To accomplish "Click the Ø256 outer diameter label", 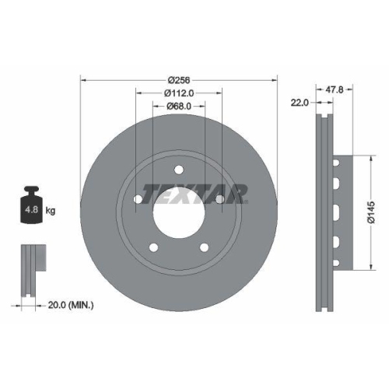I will [x=179, y=79].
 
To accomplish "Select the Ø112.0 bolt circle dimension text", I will [x=179, y=93].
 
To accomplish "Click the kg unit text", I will [x=51, y=210].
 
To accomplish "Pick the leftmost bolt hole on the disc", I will [x=138, y=201].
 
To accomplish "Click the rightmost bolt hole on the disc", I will [x=220, y=201].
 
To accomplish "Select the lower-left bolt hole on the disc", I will [x=153, y=249].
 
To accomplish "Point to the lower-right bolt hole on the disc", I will [x=205, y=249].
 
